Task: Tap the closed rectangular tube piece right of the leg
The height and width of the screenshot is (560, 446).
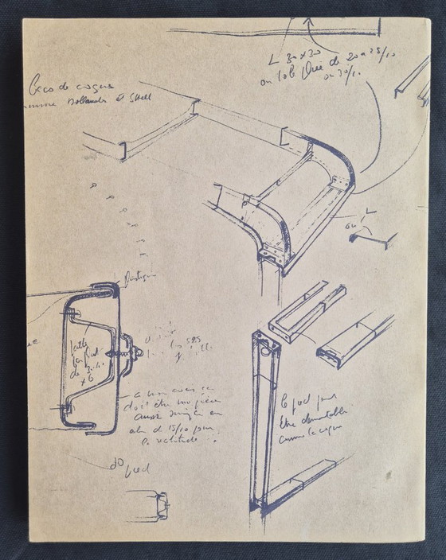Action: point(354,340)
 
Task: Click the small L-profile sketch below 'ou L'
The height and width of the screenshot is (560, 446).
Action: point(373,238)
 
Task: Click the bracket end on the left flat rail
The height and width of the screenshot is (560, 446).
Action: point(123,150)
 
